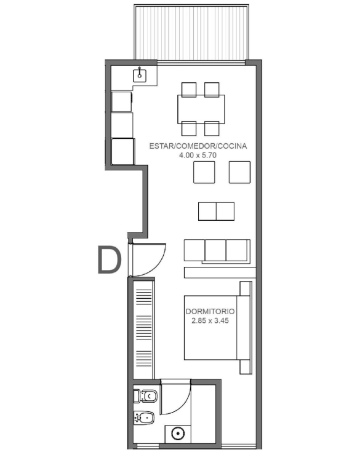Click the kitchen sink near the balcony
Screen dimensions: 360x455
[140, 76]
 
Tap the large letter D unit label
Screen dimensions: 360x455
[109, 259]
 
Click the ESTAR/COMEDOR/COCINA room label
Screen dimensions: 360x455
[198, 146]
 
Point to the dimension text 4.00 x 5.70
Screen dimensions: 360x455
[198, 155]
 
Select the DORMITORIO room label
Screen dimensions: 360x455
[210, 311]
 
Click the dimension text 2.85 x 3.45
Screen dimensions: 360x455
[210, 320]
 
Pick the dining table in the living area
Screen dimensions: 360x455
[201, 109]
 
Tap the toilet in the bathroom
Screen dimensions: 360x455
[145, 396]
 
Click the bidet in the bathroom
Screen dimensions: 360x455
[144, 418]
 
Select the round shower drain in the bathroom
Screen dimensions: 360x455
[178, 434]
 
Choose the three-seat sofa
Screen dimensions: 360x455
[217, 251]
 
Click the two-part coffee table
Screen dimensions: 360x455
[216, 212]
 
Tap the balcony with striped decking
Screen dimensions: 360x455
[191, 33]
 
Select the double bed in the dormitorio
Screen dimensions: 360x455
[217, 328]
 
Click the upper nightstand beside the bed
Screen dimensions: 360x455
[246, 288]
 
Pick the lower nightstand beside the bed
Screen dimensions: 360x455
[246, 367]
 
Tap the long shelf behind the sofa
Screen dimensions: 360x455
[220, 272]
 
